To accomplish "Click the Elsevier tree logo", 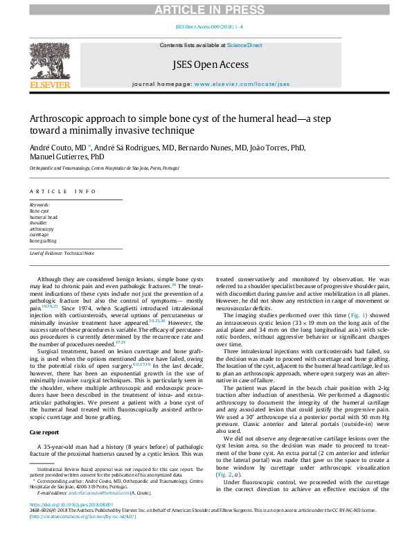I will coord(49,60).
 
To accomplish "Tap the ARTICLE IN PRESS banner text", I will coord(206,9).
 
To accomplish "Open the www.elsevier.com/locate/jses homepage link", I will coord(242,84).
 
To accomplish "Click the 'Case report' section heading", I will coord(44,432).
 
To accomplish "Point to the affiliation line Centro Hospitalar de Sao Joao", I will coord(104,168).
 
